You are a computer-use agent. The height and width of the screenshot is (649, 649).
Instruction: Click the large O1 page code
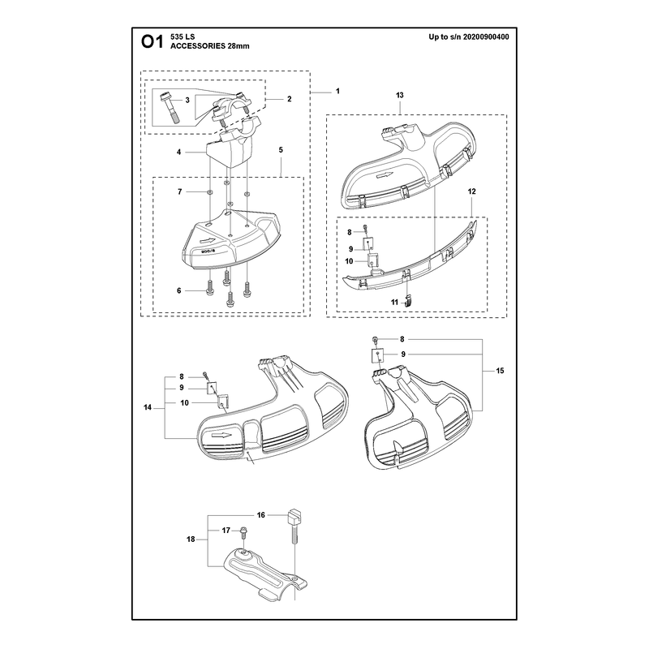point(153,41)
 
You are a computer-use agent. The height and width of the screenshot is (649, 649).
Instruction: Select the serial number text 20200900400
point(486,37)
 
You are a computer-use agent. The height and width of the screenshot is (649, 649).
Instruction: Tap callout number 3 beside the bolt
point(187,100)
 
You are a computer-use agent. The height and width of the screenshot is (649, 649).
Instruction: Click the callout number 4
point(178,153)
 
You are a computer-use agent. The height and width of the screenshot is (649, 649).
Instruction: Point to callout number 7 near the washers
point(179,191)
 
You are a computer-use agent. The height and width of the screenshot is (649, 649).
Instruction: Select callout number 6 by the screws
point(178,290)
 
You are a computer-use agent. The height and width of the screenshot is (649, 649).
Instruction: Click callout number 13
point(399,95)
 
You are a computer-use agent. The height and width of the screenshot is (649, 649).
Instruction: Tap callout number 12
point(472,191)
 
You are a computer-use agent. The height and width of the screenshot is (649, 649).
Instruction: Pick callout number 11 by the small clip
point(394,302)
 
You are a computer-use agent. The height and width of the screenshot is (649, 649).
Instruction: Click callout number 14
point(148,408)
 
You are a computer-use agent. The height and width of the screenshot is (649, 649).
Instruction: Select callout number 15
point(500,371)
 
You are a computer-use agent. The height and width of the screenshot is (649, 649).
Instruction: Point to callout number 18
point(191,539)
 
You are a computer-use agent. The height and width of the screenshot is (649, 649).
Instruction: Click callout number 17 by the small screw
point(226,531)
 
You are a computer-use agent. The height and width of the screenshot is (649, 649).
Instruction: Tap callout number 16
point(260,515)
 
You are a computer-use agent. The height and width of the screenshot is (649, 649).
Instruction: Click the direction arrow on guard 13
point(384,175)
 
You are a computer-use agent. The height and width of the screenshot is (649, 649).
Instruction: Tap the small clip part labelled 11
point(408,300)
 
